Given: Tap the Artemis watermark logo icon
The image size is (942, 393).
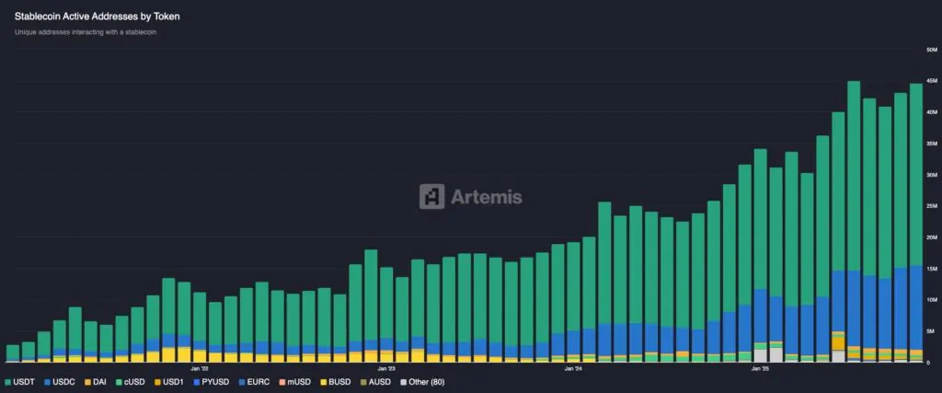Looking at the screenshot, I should (x=432, y=196).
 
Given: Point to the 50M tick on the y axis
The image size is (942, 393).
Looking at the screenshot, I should (x=930, y=49).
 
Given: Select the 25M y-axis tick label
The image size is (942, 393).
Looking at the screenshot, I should (x=930, y=205).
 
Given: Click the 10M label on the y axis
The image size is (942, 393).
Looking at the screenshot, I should (x=930, y=299).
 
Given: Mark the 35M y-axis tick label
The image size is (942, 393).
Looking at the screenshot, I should (x=930, y=144).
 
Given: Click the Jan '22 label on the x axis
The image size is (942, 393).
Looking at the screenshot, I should (x=200, y=368).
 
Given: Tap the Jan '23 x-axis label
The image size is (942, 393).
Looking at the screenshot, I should (x=386, y=368).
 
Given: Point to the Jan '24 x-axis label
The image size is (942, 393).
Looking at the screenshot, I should (x=572, y=368).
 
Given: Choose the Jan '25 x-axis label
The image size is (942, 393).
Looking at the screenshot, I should (x=760, y=368).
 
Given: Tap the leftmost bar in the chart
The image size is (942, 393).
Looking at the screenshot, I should (x=13, y=353).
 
